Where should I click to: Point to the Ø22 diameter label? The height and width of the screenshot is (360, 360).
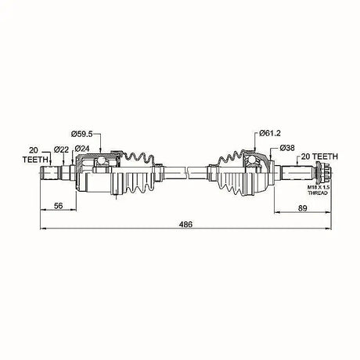61,149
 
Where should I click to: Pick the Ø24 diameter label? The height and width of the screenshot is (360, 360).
84,149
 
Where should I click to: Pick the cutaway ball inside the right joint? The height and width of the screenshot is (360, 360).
254,162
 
